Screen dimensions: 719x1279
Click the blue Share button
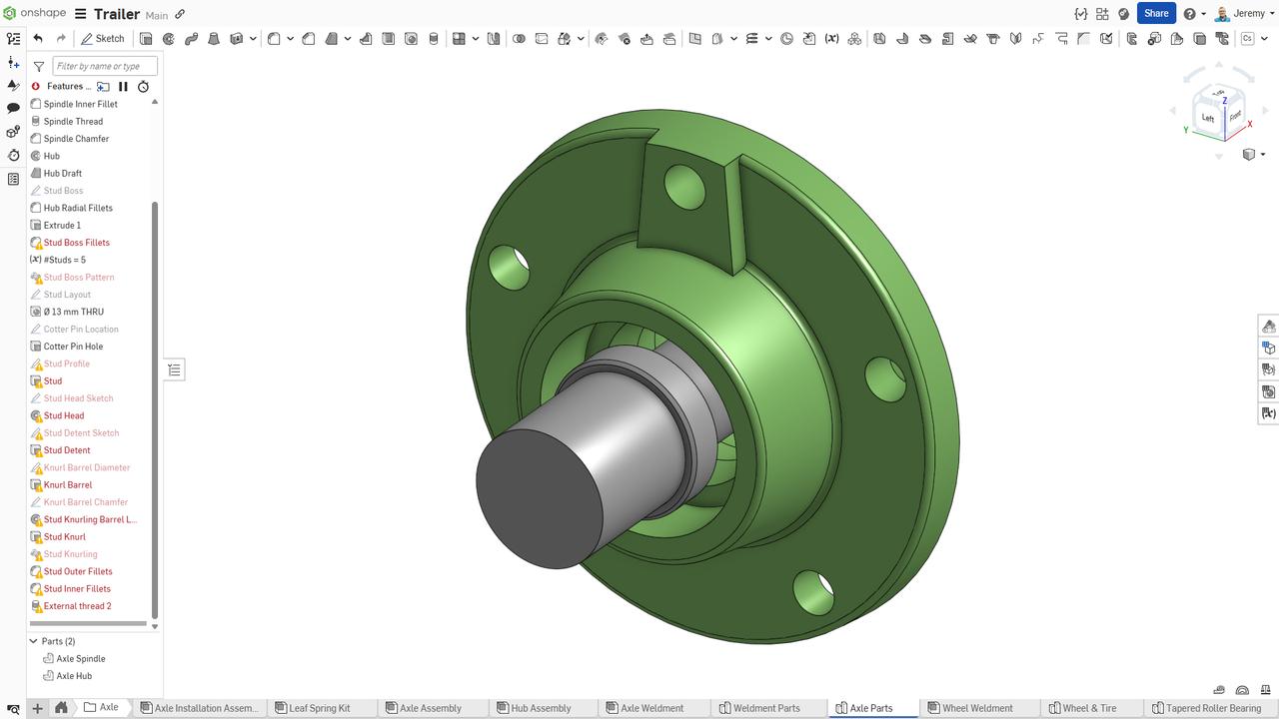click(x=1156, y=13)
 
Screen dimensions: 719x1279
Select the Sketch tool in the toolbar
click(x=102, y=39)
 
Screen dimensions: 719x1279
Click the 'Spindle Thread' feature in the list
click(x=73, y=122)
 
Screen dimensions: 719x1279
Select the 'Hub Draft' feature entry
click(x=62, y=174)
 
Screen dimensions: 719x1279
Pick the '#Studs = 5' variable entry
click(x=64, y=260)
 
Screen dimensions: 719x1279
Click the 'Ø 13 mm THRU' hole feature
click(x=73, y=312)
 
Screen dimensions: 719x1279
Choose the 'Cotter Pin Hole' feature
click(x=73, y=347)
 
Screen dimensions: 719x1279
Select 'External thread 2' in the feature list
click(x=77, y=606)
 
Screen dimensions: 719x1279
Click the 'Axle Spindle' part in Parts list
click(x=80, y=659)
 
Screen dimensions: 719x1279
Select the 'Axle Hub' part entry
click(x=74, y=676)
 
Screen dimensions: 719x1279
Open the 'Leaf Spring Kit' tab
click(x=319, y=708)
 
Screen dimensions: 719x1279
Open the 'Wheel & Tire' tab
click(x=1088, y=708)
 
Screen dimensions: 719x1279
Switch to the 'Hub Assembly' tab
click(x=541, y=708)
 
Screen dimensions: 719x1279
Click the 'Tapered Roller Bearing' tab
click(x=1212, y=708)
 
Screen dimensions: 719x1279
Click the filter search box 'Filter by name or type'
click(x=105, y=66)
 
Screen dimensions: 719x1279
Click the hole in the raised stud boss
click(x=684, y=187)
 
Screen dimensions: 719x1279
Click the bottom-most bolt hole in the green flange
click(x=813, y=591)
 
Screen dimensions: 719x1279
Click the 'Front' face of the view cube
click(x=1235, y=116)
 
